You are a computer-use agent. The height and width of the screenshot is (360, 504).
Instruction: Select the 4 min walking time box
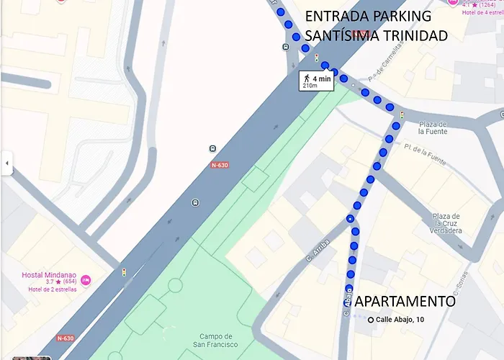pos(316,80)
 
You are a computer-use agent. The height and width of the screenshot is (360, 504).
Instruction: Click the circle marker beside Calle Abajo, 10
pos(371,320)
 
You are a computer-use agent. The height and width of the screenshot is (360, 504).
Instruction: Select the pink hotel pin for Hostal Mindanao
pos(86,279)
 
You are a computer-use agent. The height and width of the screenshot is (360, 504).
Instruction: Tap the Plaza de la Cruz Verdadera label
pos(446,223)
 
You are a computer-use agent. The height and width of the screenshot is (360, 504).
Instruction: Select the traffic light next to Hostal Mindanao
pos(124,272)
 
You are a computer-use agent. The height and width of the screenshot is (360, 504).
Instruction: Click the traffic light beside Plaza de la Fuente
pos(402,115)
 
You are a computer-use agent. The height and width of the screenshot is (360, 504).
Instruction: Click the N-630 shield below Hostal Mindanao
pos(66,338)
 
